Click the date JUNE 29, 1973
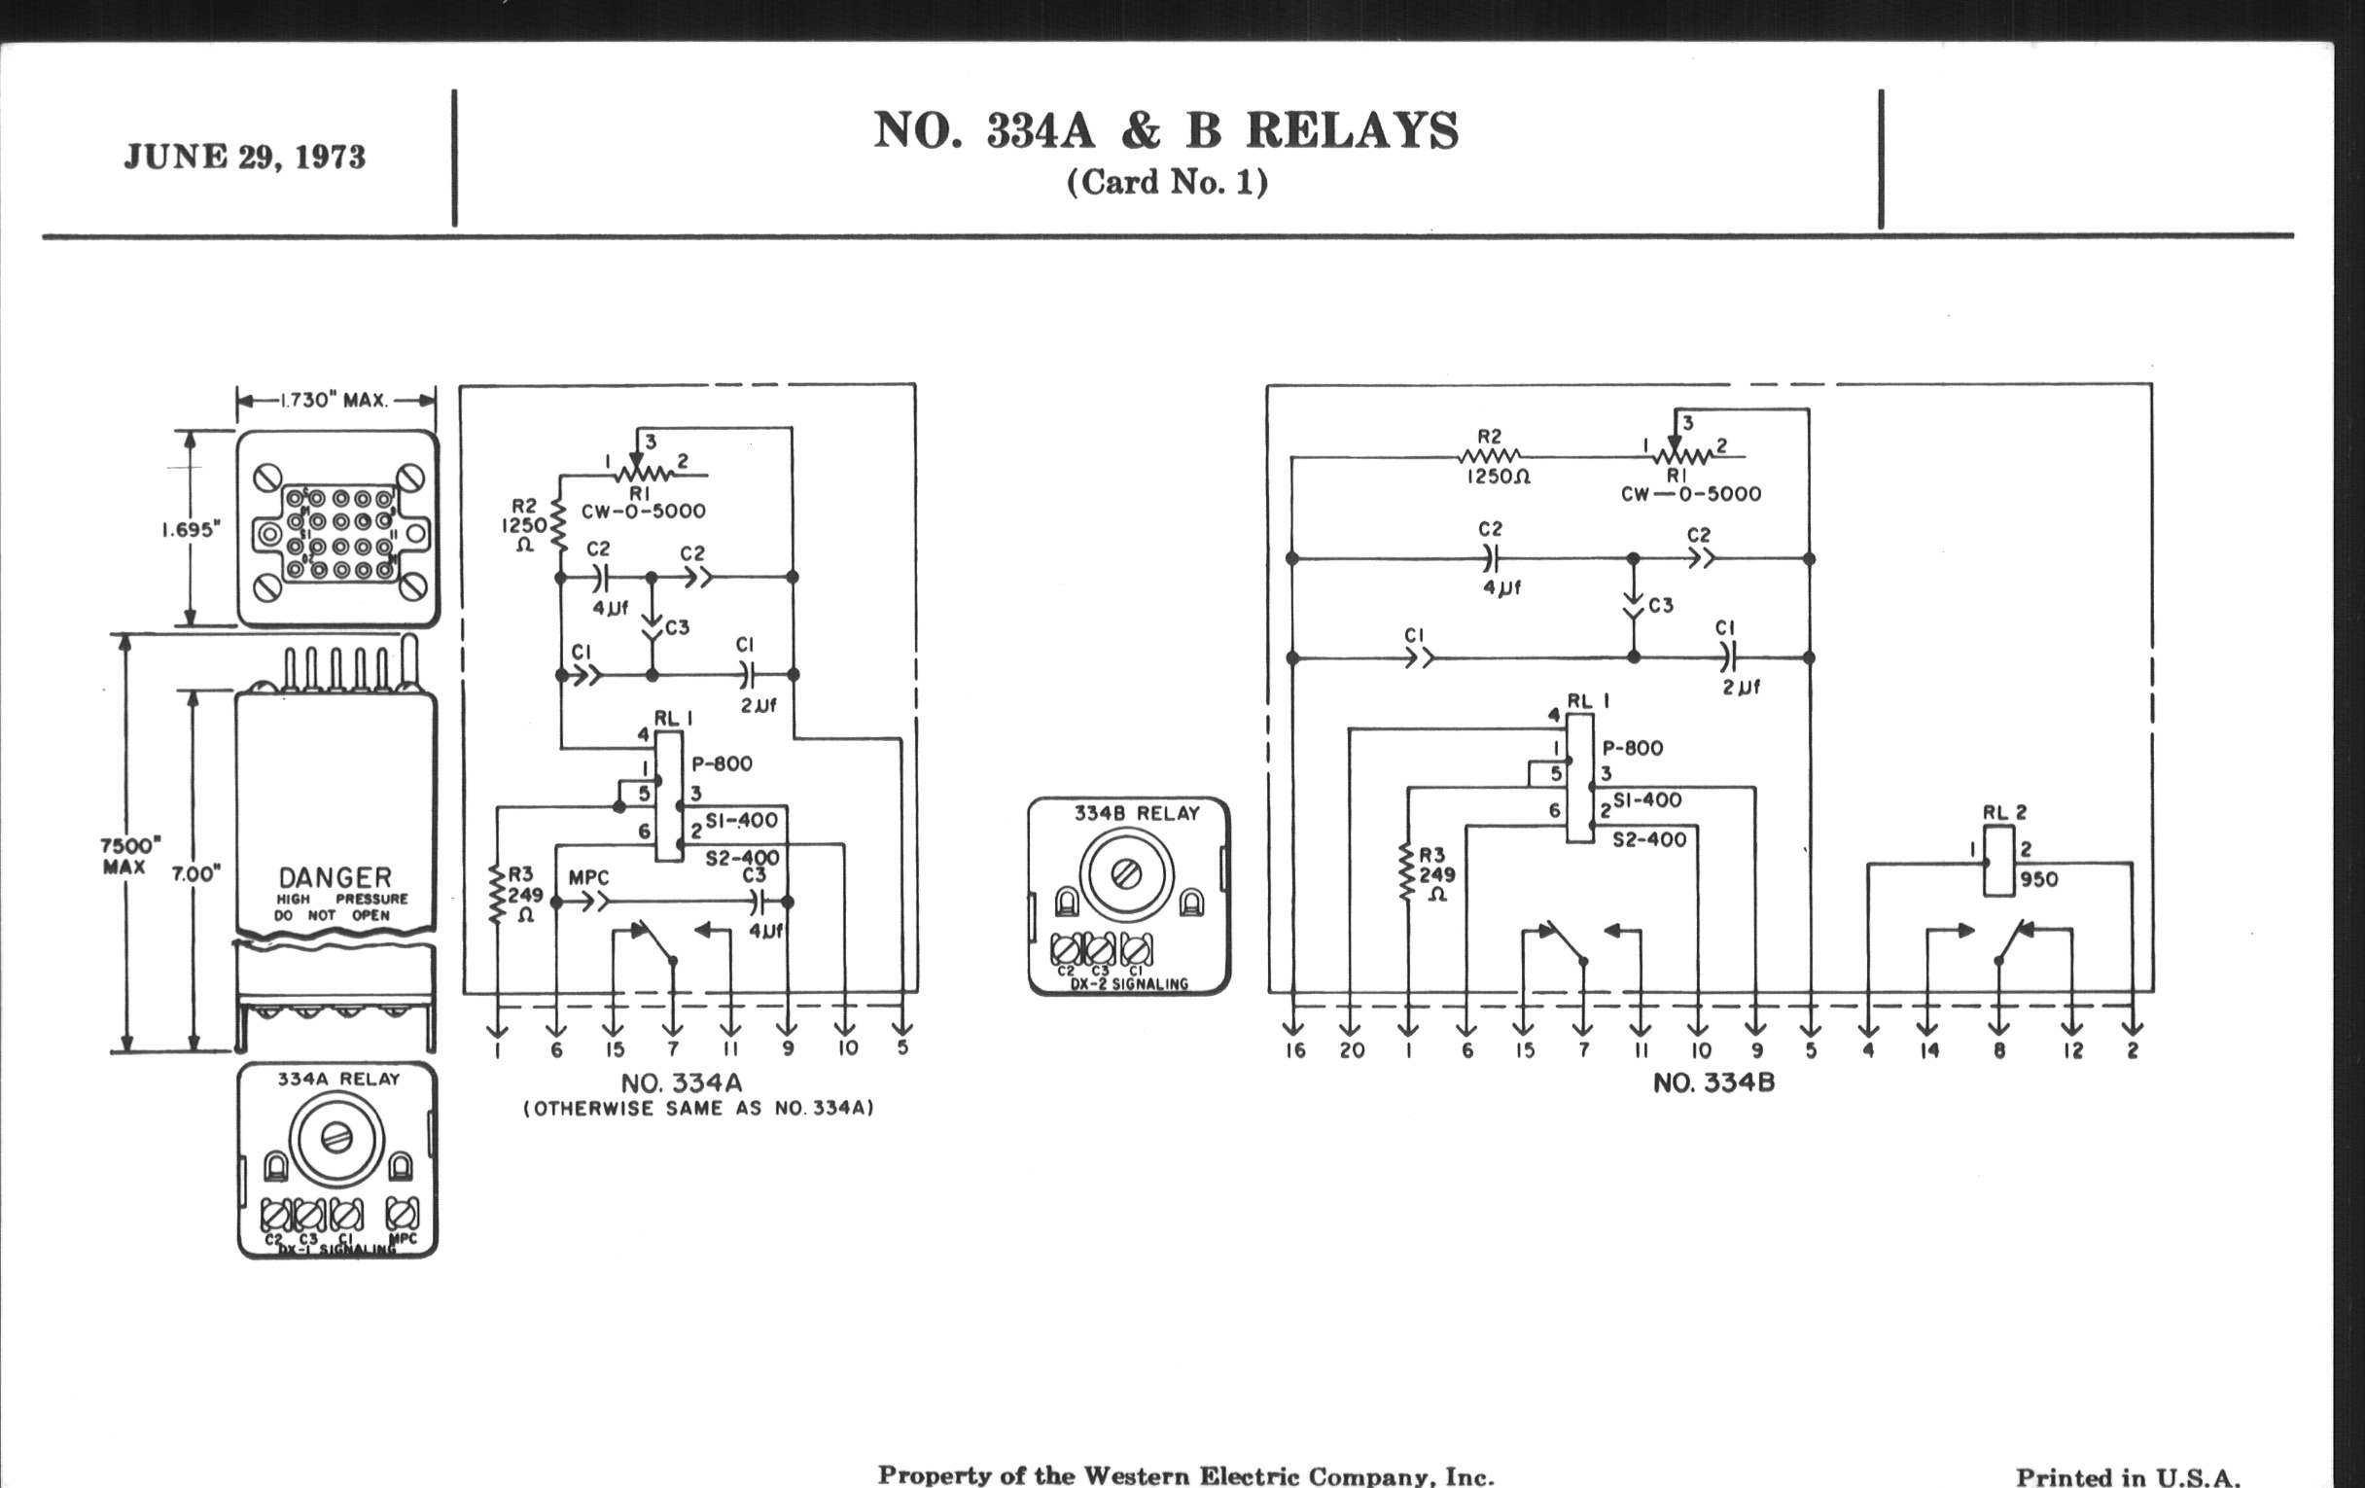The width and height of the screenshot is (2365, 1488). (244, 158)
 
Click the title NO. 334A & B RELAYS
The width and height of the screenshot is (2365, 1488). (1166, 131)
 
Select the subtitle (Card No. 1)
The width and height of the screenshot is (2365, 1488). (1167, 183)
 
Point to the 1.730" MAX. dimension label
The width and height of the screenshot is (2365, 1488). (334, 401)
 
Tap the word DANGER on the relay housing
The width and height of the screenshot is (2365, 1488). (335, 876)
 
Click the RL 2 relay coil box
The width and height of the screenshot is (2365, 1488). (1997, 862)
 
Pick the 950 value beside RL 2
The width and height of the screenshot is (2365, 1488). (2039, 880)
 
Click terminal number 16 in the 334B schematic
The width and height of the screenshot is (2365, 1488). (1294, 1050)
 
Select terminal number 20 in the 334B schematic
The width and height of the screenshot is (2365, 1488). (1353, 1050)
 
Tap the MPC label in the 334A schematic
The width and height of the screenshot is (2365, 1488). (588, 877)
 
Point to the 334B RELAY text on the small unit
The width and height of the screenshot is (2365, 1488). (1137, 813)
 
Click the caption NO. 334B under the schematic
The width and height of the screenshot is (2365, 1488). (1713, 1082)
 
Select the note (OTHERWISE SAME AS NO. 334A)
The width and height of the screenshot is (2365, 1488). (698, 1109)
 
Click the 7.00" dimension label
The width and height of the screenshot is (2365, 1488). (196, 873)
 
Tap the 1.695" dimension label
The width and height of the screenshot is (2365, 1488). (191, 530)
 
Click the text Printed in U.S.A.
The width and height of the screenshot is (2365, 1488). (2128, 1475)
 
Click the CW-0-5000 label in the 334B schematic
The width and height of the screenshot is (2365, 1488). (1690, 494)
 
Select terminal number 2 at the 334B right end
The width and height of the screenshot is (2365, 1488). (2133, 1050)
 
